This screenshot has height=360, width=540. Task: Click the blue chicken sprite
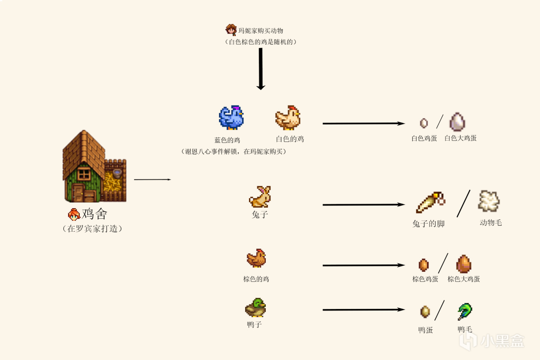point(231,117)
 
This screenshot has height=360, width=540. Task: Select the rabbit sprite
point(260,196)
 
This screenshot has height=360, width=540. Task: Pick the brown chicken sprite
point(256,258)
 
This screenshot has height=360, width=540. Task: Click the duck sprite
point(255,308)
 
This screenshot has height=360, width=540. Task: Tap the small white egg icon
point(424,123)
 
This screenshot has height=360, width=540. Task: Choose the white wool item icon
point(489,201)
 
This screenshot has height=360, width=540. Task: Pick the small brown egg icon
point(424,265)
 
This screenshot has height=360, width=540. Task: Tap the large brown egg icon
point(463,264)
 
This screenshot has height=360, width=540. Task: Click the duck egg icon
point(425,312)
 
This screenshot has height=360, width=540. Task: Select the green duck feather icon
point(464,312)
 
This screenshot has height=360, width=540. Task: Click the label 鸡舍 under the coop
point(94,214)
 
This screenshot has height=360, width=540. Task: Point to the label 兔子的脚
point(428,224)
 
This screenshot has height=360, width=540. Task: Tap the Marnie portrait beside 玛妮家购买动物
point(231,30)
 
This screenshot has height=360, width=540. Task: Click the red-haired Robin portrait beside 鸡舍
point(74,214)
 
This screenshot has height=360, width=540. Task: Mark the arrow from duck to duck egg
point(363,310)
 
